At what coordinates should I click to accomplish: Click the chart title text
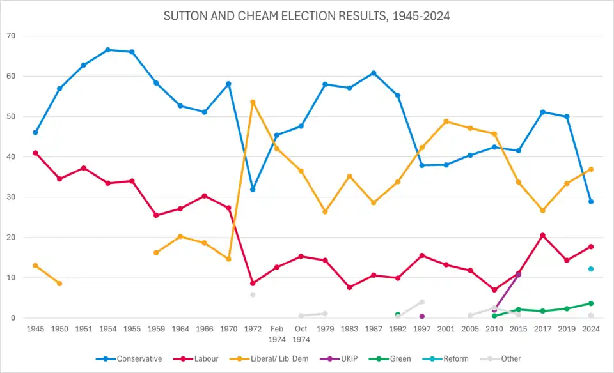[x=307, y=17]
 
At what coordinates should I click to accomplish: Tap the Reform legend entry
[x=456, y=359]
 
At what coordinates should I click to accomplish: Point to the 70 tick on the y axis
[x=11, y=36]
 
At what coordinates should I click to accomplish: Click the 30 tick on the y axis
[x=11, y=197]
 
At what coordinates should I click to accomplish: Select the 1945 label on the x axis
[x=35, y=330]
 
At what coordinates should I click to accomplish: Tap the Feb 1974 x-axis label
[x=277, y=334]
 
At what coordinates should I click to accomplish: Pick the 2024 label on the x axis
[x=591, y=330]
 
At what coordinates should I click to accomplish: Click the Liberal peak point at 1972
[x=253, y=102]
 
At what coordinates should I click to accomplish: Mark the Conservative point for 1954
[x=107, y=50]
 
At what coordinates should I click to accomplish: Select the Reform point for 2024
[x=591, y=269]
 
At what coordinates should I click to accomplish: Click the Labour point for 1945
[x=35, y=153]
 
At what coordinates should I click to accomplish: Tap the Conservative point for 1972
[x=253, y=190]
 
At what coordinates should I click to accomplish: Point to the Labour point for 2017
[x=542, y=236]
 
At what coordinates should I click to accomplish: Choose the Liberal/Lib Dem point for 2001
[x=446, y=121]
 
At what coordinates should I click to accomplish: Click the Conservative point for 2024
[x=591, y=202]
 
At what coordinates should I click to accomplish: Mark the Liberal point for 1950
[x=59, y=284]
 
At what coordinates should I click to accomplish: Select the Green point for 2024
[x=591, y=303]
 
